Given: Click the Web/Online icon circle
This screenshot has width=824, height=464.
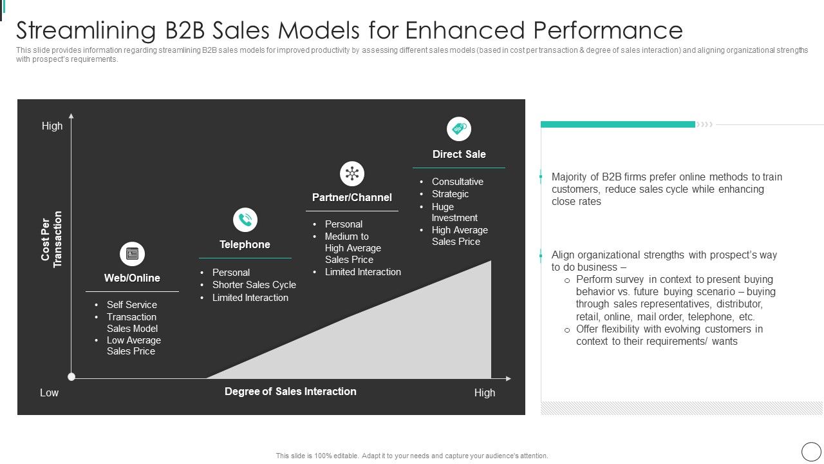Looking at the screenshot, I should pos(132,254).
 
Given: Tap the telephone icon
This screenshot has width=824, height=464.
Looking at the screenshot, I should pos(245,220).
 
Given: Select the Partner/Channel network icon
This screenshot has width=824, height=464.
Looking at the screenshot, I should pos(352,174).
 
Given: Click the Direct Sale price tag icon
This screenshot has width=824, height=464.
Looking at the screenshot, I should pos(459,129).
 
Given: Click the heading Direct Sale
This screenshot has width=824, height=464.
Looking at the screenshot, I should pos(459,155).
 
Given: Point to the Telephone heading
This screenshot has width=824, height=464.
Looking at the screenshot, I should pos(245,245).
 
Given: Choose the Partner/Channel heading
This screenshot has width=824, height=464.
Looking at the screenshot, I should pos(352,198).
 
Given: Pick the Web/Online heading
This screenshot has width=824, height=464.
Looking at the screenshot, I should pos(132,278).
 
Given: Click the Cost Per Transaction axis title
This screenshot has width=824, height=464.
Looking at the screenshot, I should pos(51,240).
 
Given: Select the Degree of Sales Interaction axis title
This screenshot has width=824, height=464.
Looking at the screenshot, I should pos(290,392).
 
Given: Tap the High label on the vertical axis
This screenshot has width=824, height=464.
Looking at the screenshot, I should pos(52,126).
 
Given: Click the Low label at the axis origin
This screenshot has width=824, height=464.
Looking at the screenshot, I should pos(49,393).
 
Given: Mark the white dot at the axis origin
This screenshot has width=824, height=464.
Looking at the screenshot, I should pos(71,377).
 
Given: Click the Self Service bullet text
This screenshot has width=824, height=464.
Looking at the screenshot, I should pos(132,305).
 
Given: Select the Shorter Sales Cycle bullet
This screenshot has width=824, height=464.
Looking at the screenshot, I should pos(254,285).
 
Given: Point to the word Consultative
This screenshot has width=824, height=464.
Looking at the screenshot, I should pos(458,182).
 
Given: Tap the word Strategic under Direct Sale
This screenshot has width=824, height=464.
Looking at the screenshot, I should pos(450,194).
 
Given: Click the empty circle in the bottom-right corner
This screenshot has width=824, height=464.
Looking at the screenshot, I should pos(810,451).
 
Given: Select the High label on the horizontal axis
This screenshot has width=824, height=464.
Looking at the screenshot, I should pos(485,393).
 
